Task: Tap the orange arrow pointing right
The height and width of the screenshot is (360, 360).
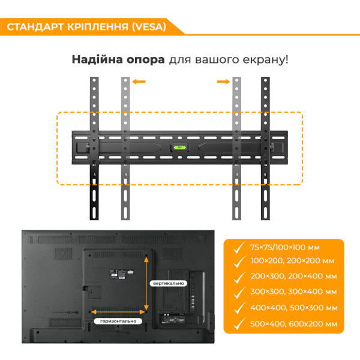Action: click(x=223, y=82)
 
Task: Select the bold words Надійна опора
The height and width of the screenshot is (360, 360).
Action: click(x=118, y=59)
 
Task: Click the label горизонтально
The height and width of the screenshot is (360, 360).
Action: click(x=118, y=321)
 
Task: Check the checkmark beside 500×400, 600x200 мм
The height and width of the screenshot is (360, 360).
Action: click(x=238, y=323)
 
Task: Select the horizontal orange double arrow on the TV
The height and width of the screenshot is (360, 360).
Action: click(x=119, y=311)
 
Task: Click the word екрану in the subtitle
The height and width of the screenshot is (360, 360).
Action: click(x=263, y=59)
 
